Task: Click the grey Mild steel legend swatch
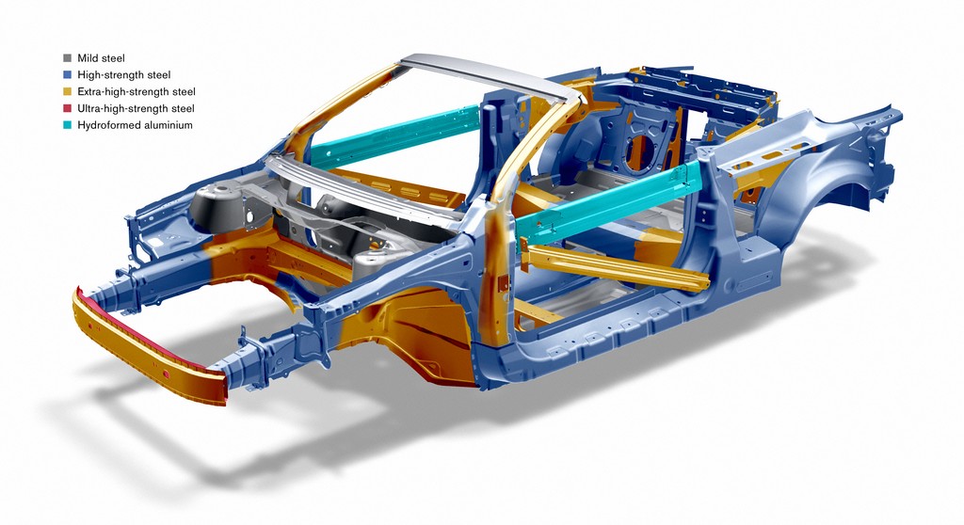tap(67, 58)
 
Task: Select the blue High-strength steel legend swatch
tap(67, 75)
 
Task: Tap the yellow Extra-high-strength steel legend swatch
tap(67, 91)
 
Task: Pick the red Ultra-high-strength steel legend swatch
tap(67, 108)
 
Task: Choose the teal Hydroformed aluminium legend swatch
tap(67, 125)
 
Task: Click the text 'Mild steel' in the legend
tap(101, 58)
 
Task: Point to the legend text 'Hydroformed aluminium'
tap(136, 125)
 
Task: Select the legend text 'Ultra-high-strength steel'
tap(136, 108)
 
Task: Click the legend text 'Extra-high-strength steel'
tap(137, 91)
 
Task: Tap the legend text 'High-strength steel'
tap(124, 75)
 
